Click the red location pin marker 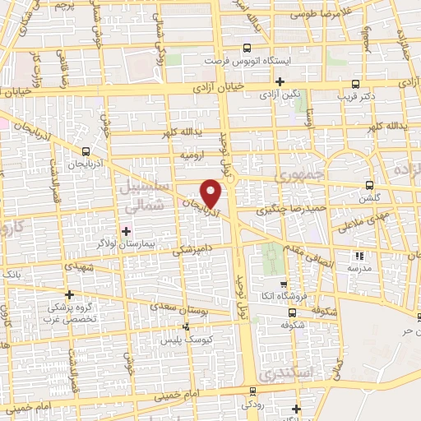click(211, 192)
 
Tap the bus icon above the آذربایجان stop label click(86, 150)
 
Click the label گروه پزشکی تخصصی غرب click(70, 313)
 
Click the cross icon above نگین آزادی click(280, 81)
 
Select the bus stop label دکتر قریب click(355, 96)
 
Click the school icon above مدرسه click(357, 256)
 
